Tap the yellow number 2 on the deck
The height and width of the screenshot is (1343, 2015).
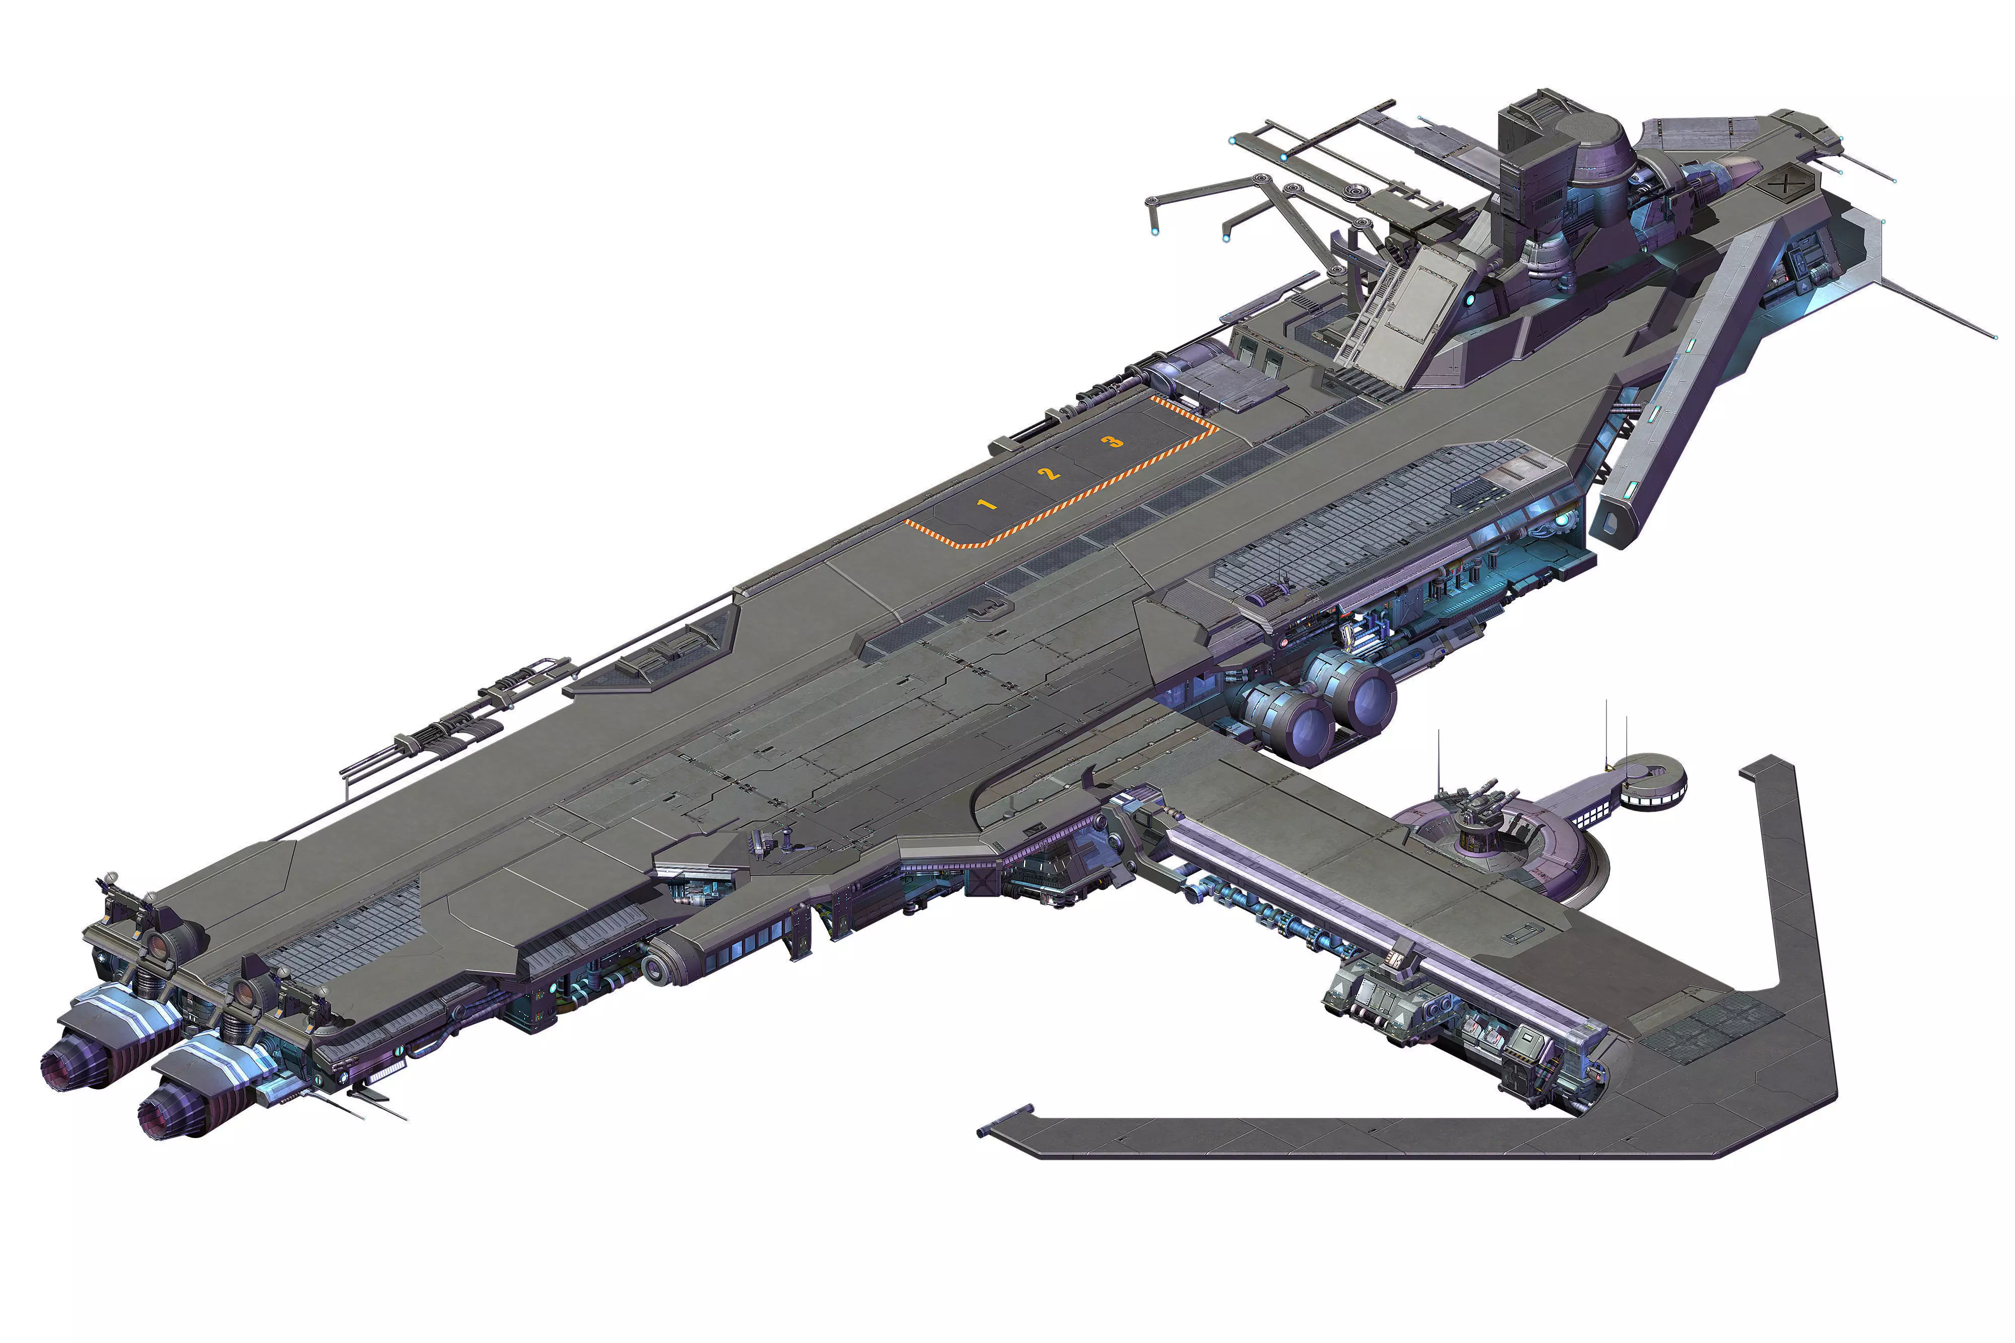coord(1049,473)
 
